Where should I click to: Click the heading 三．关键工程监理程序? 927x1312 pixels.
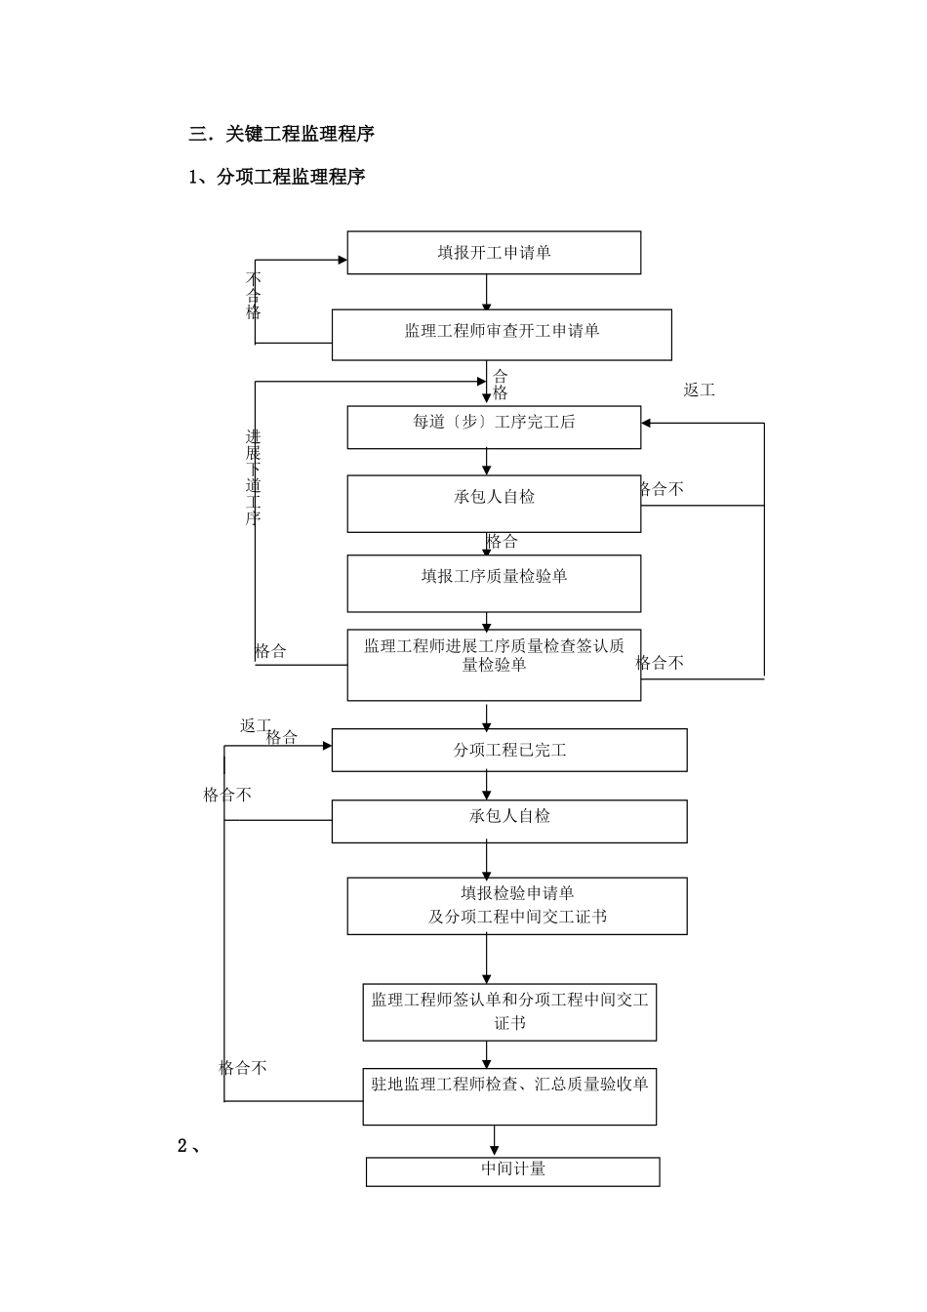(x=282, y=134)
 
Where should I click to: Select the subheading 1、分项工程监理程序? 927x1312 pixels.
(x=277, y=177)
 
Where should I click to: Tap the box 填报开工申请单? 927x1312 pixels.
(x=494, y=253)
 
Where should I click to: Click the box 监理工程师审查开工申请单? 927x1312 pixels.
(x=502, y=332)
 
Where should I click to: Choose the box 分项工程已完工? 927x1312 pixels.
(x=509, y=750)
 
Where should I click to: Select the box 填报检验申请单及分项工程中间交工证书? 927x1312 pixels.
(x=517, y=905)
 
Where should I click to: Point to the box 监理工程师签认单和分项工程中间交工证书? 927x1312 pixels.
(x=509, y=1011)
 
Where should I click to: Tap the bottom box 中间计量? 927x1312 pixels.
(x=513, y=1169)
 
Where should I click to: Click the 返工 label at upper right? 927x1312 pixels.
(x=699, y=390)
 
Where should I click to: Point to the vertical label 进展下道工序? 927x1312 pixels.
(x=253, y=477)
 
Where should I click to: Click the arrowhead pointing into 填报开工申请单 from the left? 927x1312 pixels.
(x=343, y=260)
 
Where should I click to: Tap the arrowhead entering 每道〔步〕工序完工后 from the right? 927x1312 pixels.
(x=647, y=423)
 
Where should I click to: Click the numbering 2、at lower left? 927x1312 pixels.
(x=189, y=1146)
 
